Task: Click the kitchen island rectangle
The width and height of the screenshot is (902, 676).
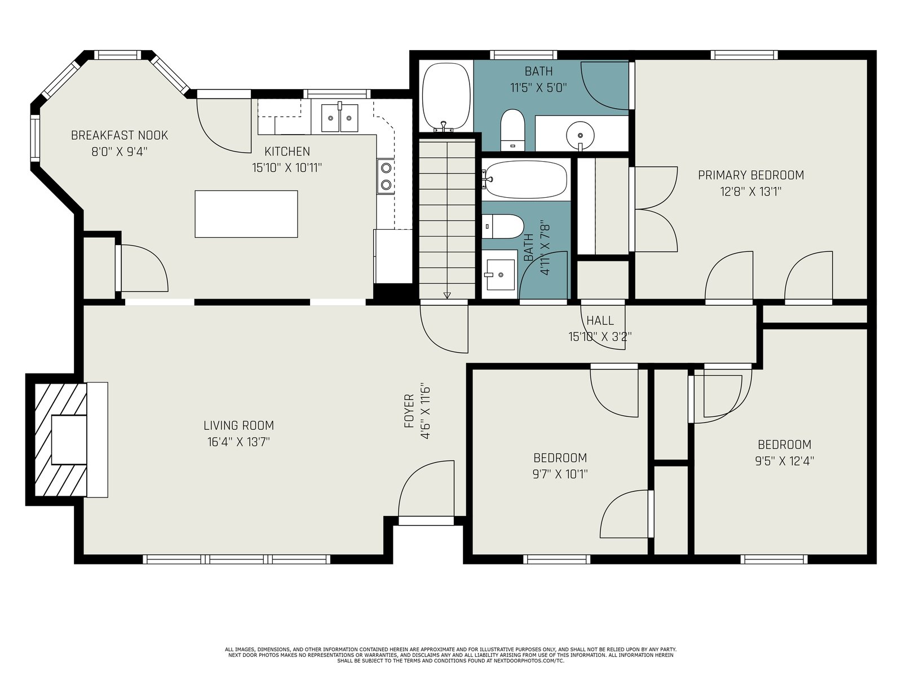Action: click(x=246, y=214)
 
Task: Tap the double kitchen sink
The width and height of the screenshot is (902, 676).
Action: click(x=339, y=118)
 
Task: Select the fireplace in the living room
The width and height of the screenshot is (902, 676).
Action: click(x=67, y=439)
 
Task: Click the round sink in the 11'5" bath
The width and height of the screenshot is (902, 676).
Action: click(x=580, y=135)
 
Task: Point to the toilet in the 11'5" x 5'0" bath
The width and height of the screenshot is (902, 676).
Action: click(x=513, y=130)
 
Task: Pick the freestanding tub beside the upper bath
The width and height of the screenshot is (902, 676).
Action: click(x=446, y=97)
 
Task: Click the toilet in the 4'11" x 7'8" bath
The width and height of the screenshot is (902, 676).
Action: click(x=502, y=226)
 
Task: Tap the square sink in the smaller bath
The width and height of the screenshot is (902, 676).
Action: click(x=499, y=274)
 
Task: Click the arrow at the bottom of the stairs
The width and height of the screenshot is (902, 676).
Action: click(x=447, y=295)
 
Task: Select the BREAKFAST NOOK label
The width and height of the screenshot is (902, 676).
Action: click(x=120, y=135)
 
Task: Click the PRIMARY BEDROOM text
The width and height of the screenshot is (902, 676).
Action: click(x=751, y=175)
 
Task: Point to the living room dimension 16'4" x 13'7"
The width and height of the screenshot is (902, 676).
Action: click(x=239, y=442)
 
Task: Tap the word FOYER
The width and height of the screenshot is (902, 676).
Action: click(x=409, y=411)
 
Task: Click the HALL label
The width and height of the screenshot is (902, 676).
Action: click(x=600, y=321)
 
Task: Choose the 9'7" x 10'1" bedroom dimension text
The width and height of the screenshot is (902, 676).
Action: click(x=560, y=474)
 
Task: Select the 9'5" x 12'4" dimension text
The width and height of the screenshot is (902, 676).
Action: click(x=785, y=461)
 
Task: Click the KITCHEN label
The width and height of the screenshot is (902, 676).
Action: click(x=288, y=152)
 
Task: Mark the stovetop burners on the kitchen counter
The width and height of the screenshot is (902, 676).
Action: click(x=386, y=176)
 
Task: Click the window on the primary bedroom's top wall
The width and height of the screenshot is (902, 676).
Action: click(x=744, y=55)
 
